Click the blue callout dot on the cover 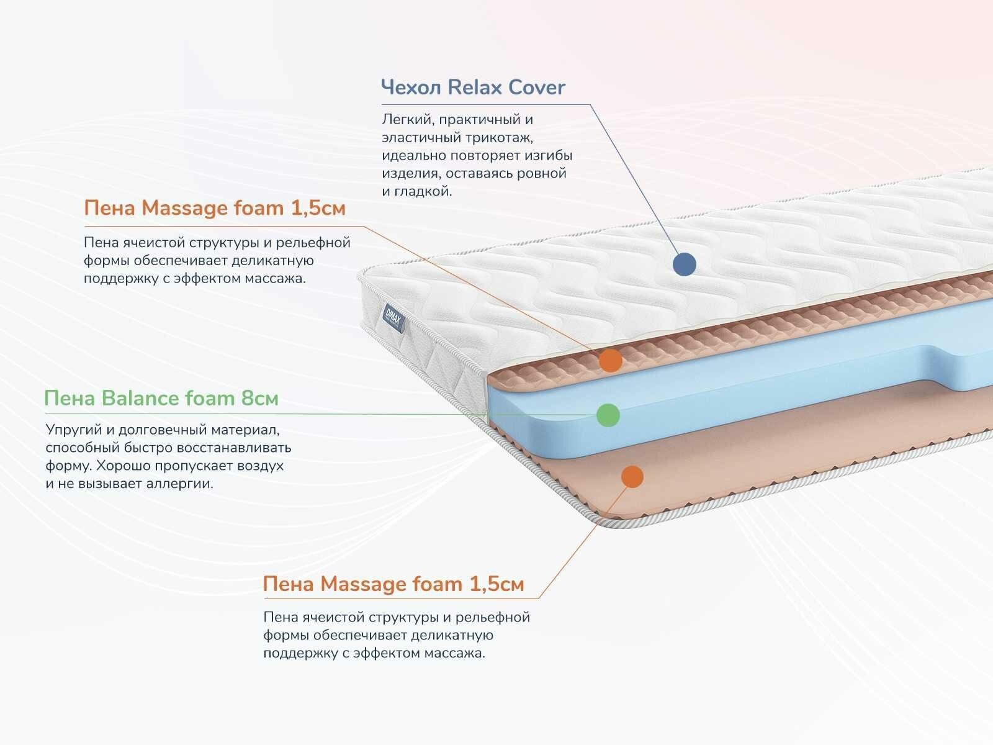pos(684,264)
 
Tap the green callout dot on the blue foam pos(608,415)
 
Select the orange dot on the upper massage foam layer pos(611,360)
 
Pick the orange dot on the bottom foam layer pos(632,476)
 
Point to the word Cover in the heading pos(537,88)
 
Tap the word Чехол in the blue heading pos(411,88)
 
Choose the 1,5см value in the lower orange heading pos(496,584)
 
